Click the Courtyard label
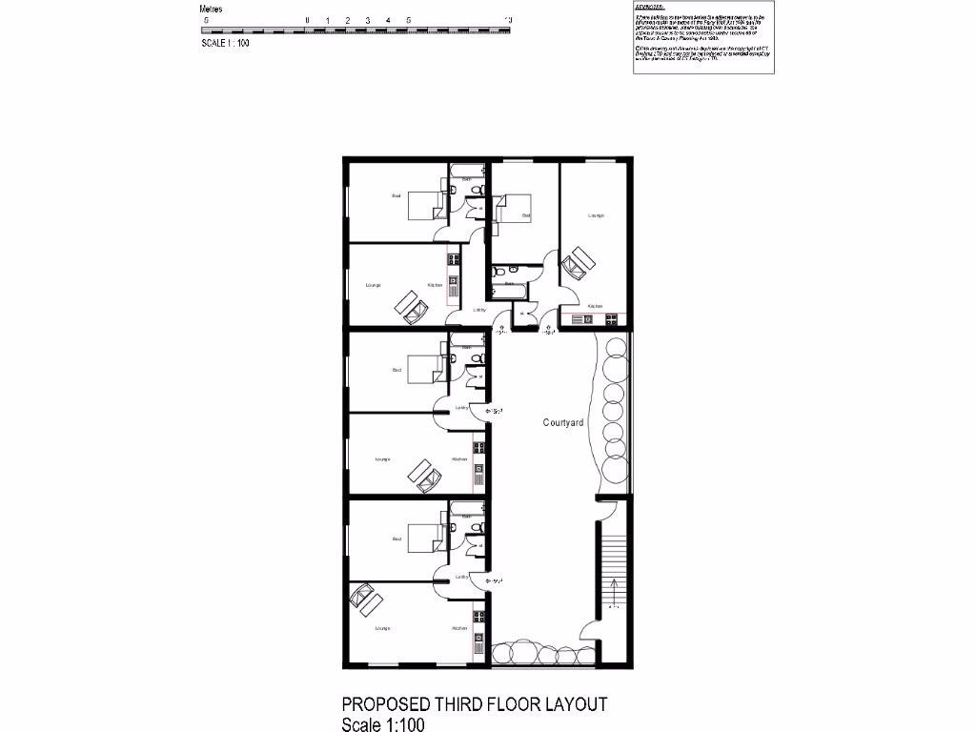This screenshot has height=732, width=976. click(x=563, y=422)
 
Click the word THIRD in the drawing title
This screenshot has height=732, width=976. click(x=467, y=705)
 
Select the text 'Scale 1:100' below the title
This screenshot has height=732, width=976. click(x=382, y=724)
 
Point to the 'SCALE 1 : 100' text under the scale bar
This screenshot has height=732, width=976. click(x=225, y=43)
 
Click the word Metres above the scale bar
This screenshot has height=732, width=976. click(x=211, y=10)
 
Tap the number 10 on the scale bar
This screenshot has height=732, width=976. click(x=509, y=20)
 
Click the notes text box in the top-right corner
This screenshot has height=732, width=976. click(x=703, y=38)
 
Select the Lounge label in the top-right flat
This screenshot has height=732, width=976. click(x=596, y=215)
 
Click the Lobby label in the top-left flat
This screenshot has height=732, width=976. click(x=479, y=310)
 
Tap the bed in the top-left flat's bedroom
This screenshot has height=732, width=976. click(x=425, y=205)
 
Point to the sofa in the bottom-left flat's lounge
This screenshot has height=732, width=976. click(x=366, y=600)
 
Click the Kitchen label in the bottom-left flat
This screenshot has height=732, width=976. click(x=459, y=628)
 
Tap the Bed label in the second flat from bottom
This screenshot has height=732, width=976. click(x=397, y=370)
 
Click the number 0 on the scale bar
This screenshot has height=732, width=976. click(x=307, y=20)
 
